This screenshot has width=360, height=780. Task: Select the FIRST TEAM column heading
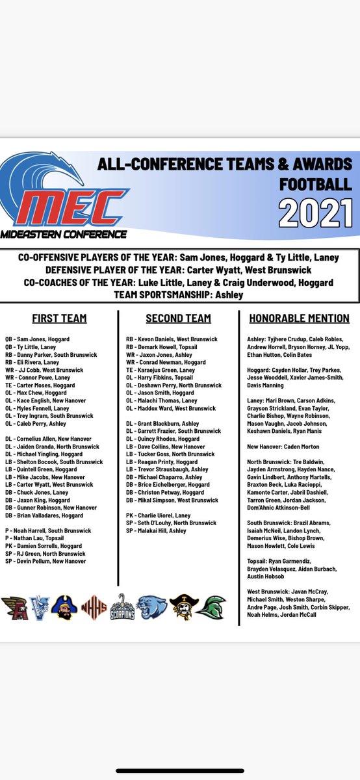[59, 318]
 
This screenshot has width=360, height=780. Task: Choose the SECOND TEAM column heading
[178, 318]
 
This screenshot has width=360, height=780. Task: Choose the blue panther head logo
[151, 608]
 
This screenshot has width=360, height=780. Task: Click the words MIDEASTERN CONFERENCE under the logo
[64, 234]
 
